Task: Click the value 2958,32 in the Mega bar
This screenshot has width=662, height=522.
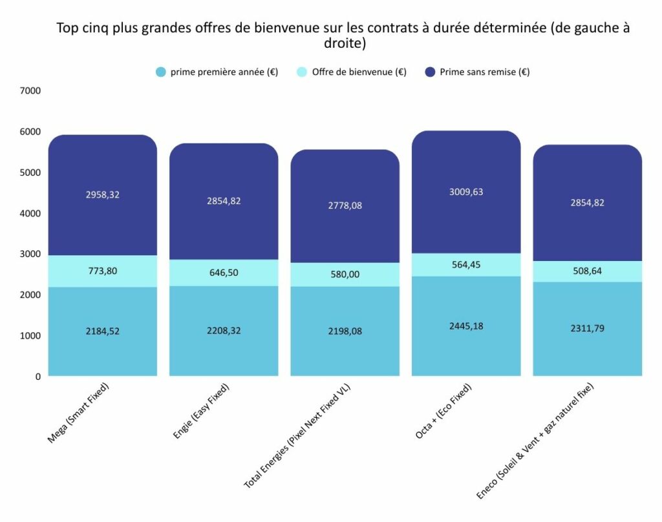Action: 103,194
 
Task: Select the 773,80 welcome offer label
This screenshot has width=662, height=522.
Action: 103,271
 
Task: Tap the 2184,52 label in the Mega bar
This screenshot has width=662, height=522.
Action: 103,331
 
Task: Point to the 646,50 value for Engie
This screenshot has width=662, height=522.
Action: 224,273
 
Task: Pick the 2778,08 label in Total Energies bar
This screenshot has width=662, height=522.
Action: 345,205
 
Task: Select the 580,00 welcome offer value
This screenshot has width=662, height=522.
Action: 345,274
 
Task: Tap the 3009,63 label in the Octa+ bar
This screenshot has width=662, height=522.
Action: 465,192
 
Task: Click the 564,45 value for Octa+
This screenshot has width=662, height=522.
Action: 465,264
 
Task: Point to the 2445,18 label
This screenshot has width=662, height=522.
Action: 465,326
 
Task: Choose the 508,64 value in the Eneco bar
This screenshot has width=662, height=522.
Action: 587,271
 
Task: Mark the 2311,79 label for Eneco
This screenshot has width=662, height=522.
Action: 587,329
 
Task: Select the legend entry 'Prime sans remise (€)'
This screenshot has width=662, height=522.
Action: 484,72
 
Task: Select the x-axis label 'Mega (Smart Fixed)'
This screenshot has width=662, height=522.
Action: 79,413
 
